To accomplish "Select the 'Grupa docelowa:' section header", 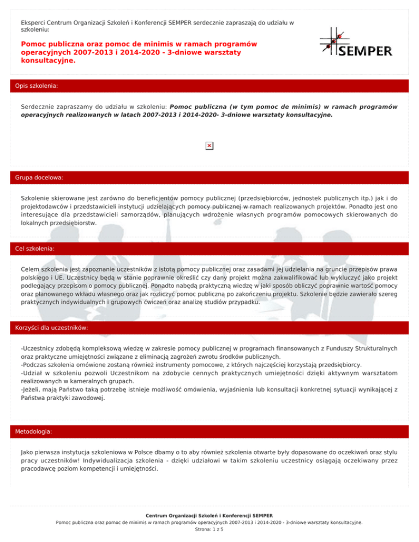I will pos(40,178).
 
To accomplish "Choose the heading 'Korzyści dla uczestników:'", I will pos(52,328).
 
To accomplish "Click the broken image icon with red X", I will pos(209,146).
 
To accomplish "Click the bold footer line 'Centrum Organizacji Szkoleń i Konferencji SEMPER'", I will pos(209,515).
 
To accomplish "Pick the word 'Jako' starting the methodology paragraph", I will pos(27,452).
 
